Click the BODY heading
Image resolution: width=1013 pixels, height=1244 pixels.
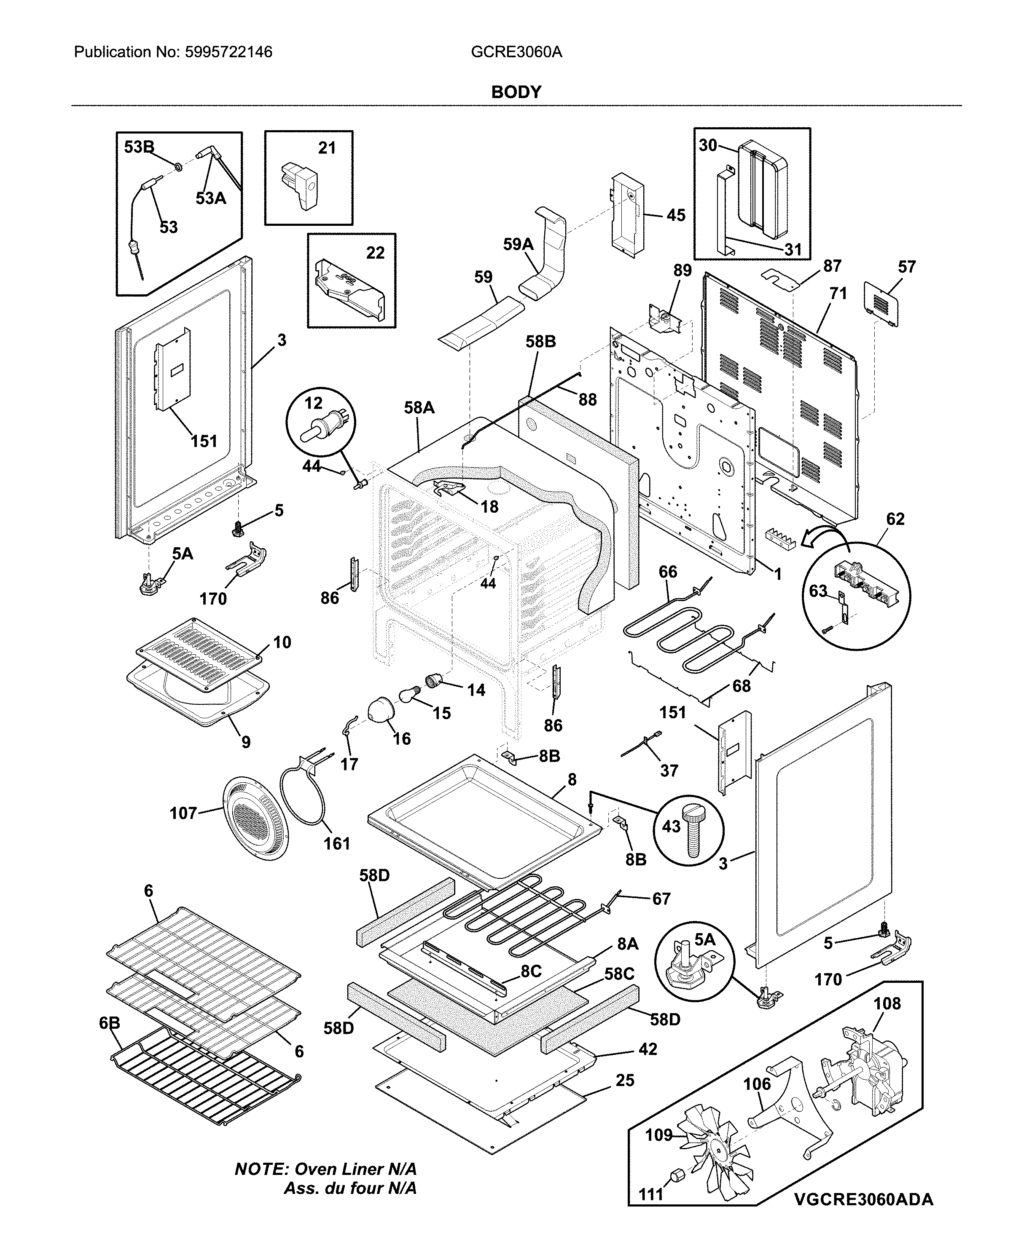pyautogui.click(x=516, y=92)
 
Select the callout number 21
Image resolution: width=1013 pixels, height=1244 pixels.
pyautogui.click(x=327, y=148)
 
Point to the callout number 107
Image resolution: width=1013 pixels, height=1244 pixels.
pyautogui.click(x=183, y=813)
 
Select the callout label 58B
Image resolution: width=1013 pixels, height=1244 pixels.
pyautogui.click(x=540, y=342)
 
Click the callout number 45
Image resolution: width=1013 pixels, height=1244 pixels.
pyautogui.click(x=676, y=215)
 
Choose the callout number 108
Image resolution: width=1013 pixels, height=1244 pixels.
pyautogui.click(x=887, y=1004)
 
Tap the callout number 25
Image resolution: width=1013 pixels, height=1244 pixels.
pyautogui.click(x=624, y=1080)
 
